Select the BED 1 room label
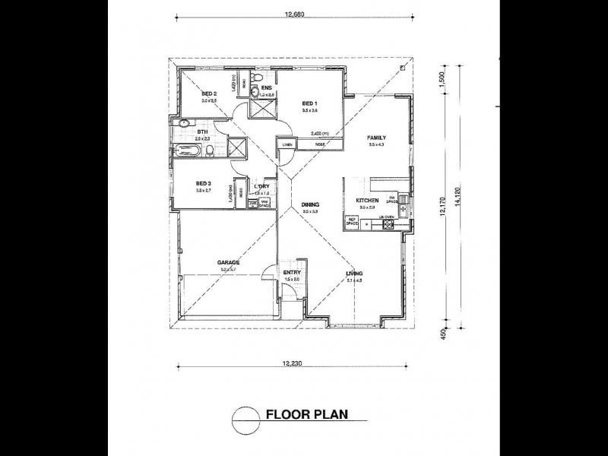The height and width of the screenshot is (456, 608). click(309, 103)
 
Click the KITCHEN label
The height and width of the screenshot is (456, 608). click(368, 201)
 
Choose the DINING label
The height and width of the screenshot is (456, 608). click(309, 204)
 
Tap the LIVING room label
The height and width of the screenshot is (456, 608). click(353, 273)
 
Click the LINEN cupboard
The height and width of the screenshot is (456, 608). click(287, 144)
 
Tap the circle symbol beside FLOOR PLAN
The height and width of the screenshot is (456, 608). click(244, 416)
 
